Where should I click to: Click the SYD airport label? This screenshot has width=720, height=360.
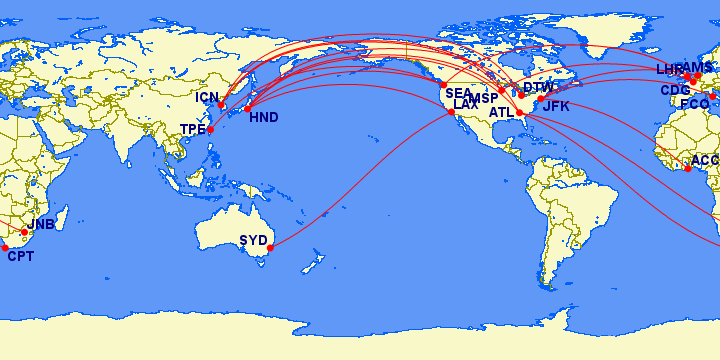[x=253, y=240]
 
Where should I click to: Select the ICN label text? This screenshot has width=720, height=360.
[x=207, y=98]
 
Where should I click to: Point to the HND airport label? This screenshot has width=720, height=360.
[x=264, y=118]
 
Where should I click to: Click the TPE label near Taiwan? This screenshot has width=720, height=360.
[x=192, y=129]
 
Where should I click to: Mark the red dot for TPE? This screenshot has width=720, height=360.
[x=211, y=130]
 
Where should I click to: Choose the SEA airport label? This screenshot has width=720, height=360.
[x=459, y=93]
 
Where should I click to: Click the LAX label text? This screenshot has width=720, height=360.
[x=466, y=104]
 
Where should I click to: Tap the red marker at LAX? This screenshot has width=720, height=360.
[x=452, y=112]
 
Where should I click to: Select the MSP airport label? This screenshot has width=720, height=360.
[x=483, y=99]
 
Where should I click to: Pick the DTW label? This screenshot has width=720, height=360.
[x=538, y=88]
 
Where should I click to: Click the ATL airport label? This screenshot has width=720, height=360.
[x=501, y=112]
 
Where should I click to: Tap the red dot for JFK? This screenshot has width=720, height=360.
[x=540, y=99]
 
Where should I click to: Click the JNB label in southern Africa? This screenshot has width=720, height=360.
[x=42, y=224]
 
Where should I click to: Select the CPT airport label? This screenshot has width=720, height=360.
[x=20, y=256]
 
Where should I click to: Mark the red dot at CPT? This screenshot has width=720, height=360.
[x=5, y=247]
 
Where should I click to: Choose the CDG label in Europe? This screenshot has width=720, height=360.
[x=675, y=90]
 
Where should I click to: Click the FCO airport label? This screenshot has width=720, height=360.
[x=694, y=104]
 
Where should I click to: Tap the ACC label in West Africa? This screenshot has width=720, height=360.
[x=705, y=160]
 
